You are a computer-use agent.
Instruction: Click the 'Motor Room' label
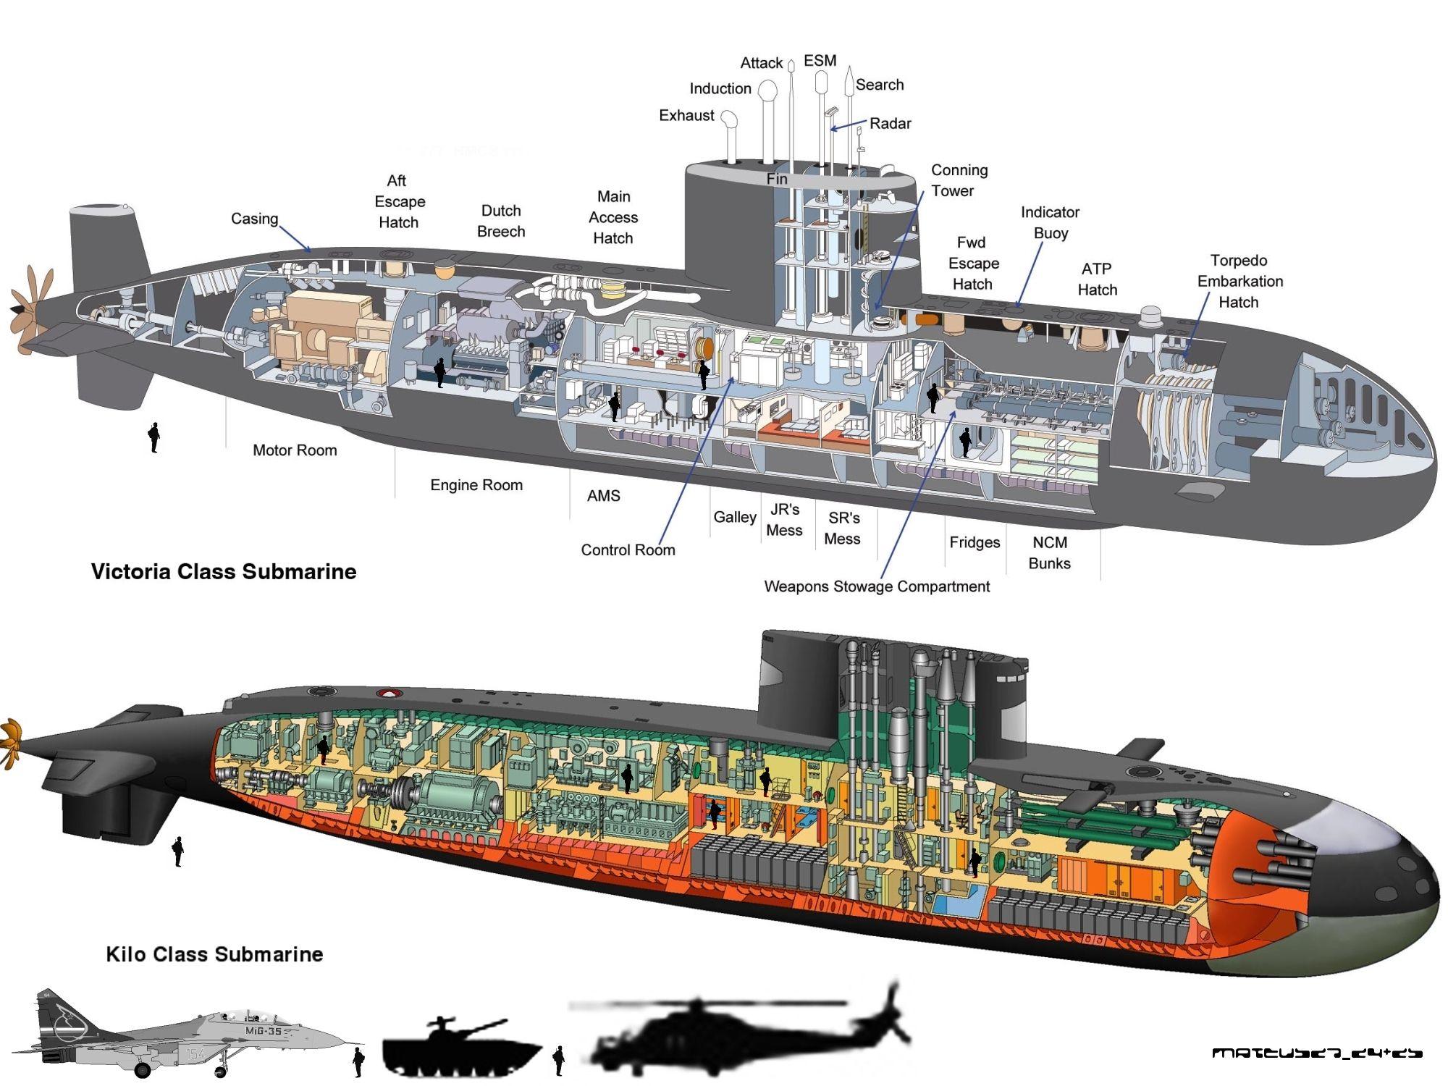click(295, 450)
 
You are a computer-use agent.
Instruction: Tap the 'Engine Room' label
click(476, 485)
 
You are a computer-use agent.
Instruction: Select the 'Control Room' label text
click(628, 550)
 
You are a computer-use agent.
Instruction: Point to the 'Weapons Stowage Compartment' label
click(877, 586)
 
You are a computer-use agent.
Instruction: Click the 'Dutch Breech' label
click(501, 221)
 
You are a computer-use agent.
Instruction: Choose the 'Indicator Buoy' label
click(1050, 222)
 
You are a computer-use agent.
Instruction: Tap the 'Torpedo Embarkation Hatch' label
click(1239, 281)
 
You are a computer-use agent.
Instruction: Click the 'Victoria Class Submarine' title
click(224, 572)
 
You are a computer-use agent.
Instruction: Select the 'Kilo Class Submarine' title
click(214, 954)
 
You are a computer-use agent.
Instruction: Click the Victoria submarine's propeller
click(29, 311)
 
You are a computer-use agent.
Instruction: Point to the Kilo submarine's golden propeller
click(10, 742)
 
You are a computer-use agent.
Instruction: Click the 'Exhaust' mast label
click(686, 116)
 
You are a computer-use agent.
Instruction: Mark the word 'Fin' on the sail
click(777, 179)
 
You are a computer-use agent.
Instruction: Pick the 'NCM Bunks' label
click(1049, 552)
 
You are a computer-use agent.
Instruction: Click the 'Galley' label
click(735, 517)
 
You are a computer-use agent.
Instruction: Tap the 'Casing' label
click(254, 219)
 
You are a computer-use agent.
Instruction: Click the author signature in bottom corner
click(1317, 1053)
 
